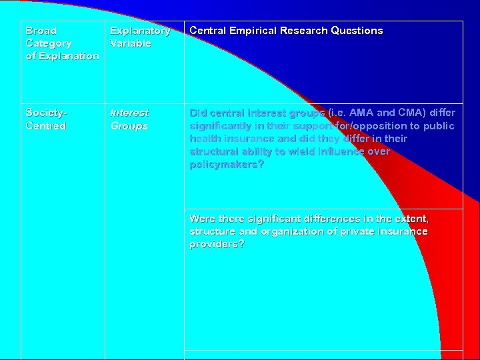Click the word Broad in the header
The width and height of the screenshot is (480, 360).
click(41, 31)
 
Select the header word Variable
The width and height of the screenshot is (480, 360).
click(131, 43)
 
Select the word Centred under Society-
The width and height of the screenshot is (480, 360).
click(46, 125)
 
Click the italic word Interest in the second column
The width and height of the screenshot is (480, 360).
click(129, 113)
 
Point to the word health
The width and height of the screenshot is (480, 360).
click(205, 139)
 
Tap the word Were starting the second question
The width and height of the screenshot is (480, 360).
click(203, 219)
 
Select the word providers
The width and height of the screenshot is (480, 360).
click(215, 244)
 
